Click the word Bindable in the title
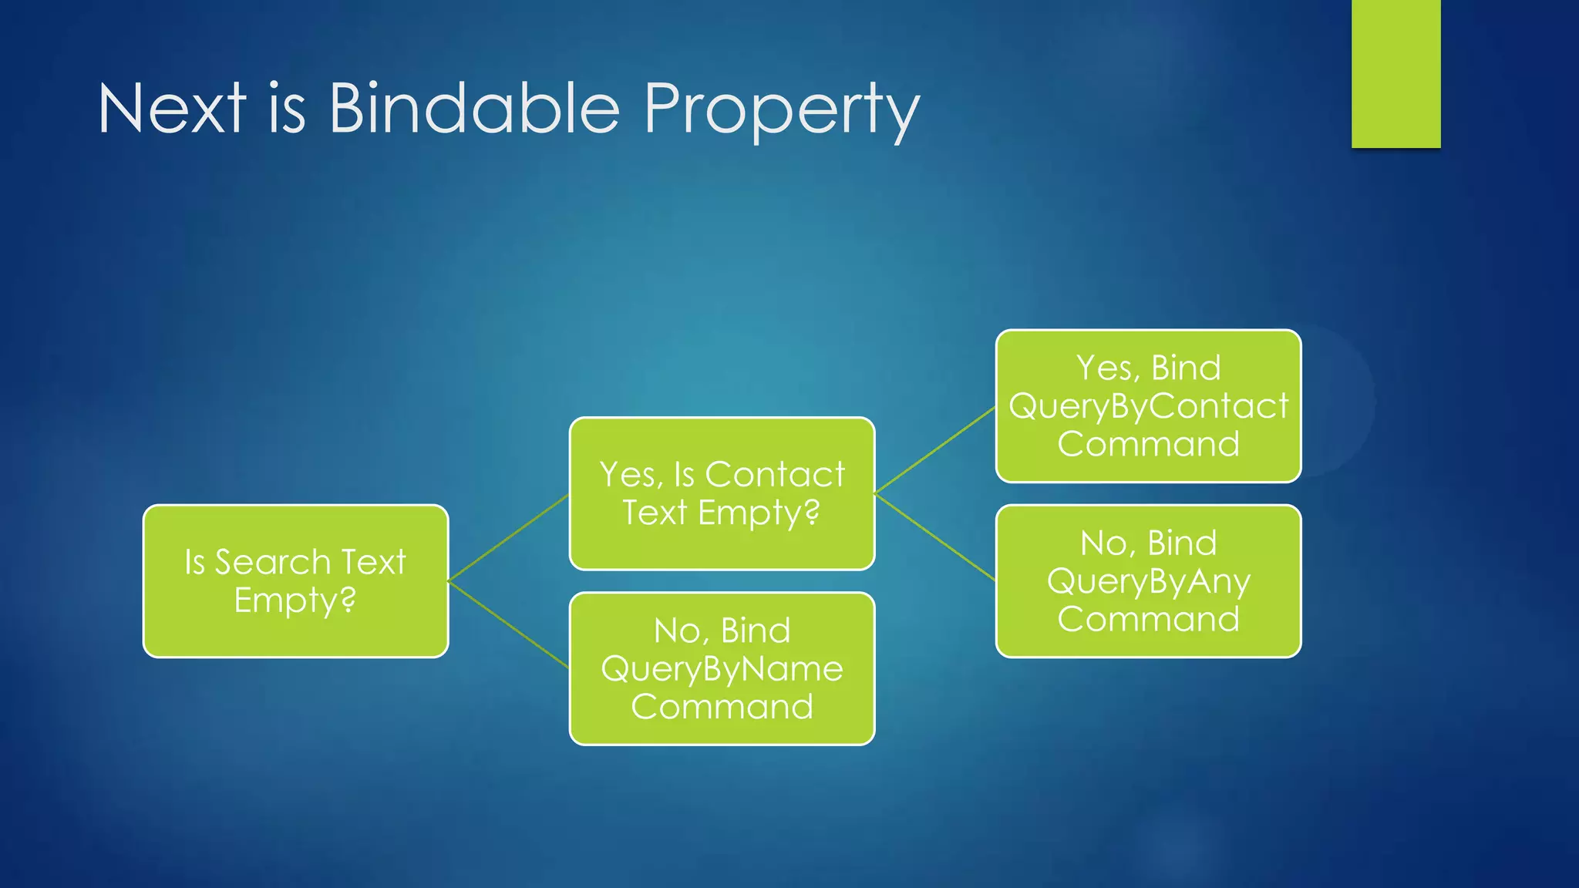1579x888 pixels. (474, 109)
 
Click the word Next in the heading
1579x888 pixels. (171, 109)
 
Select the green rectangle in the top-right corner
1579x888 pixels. (1396, 73)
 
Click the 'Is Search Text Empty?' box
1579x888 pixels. (295, 580)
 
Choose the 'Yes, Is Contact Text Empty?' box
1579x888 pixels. (722, 493)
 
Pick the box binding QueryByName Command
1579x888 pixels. (722, 668)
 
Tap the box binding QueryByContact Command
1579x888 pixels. (1148, 405)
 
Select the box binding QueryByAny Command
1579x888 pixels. (1148, 580)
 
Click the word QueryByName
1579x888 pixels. (722, 669)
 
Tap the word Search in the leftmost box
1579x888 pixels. (272, 562)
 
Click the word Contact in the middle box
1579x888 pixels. (774, 474)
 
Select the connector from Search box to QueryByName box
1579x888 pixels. (508, 624)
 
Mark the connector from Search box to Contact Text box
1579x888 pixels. (508, 537)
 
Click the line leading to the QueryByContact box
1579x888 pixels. (935, 449)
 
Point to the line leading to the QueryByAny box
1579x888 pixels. (935, 536)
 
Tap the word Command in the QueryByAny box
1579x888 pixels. (1148, 619)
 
